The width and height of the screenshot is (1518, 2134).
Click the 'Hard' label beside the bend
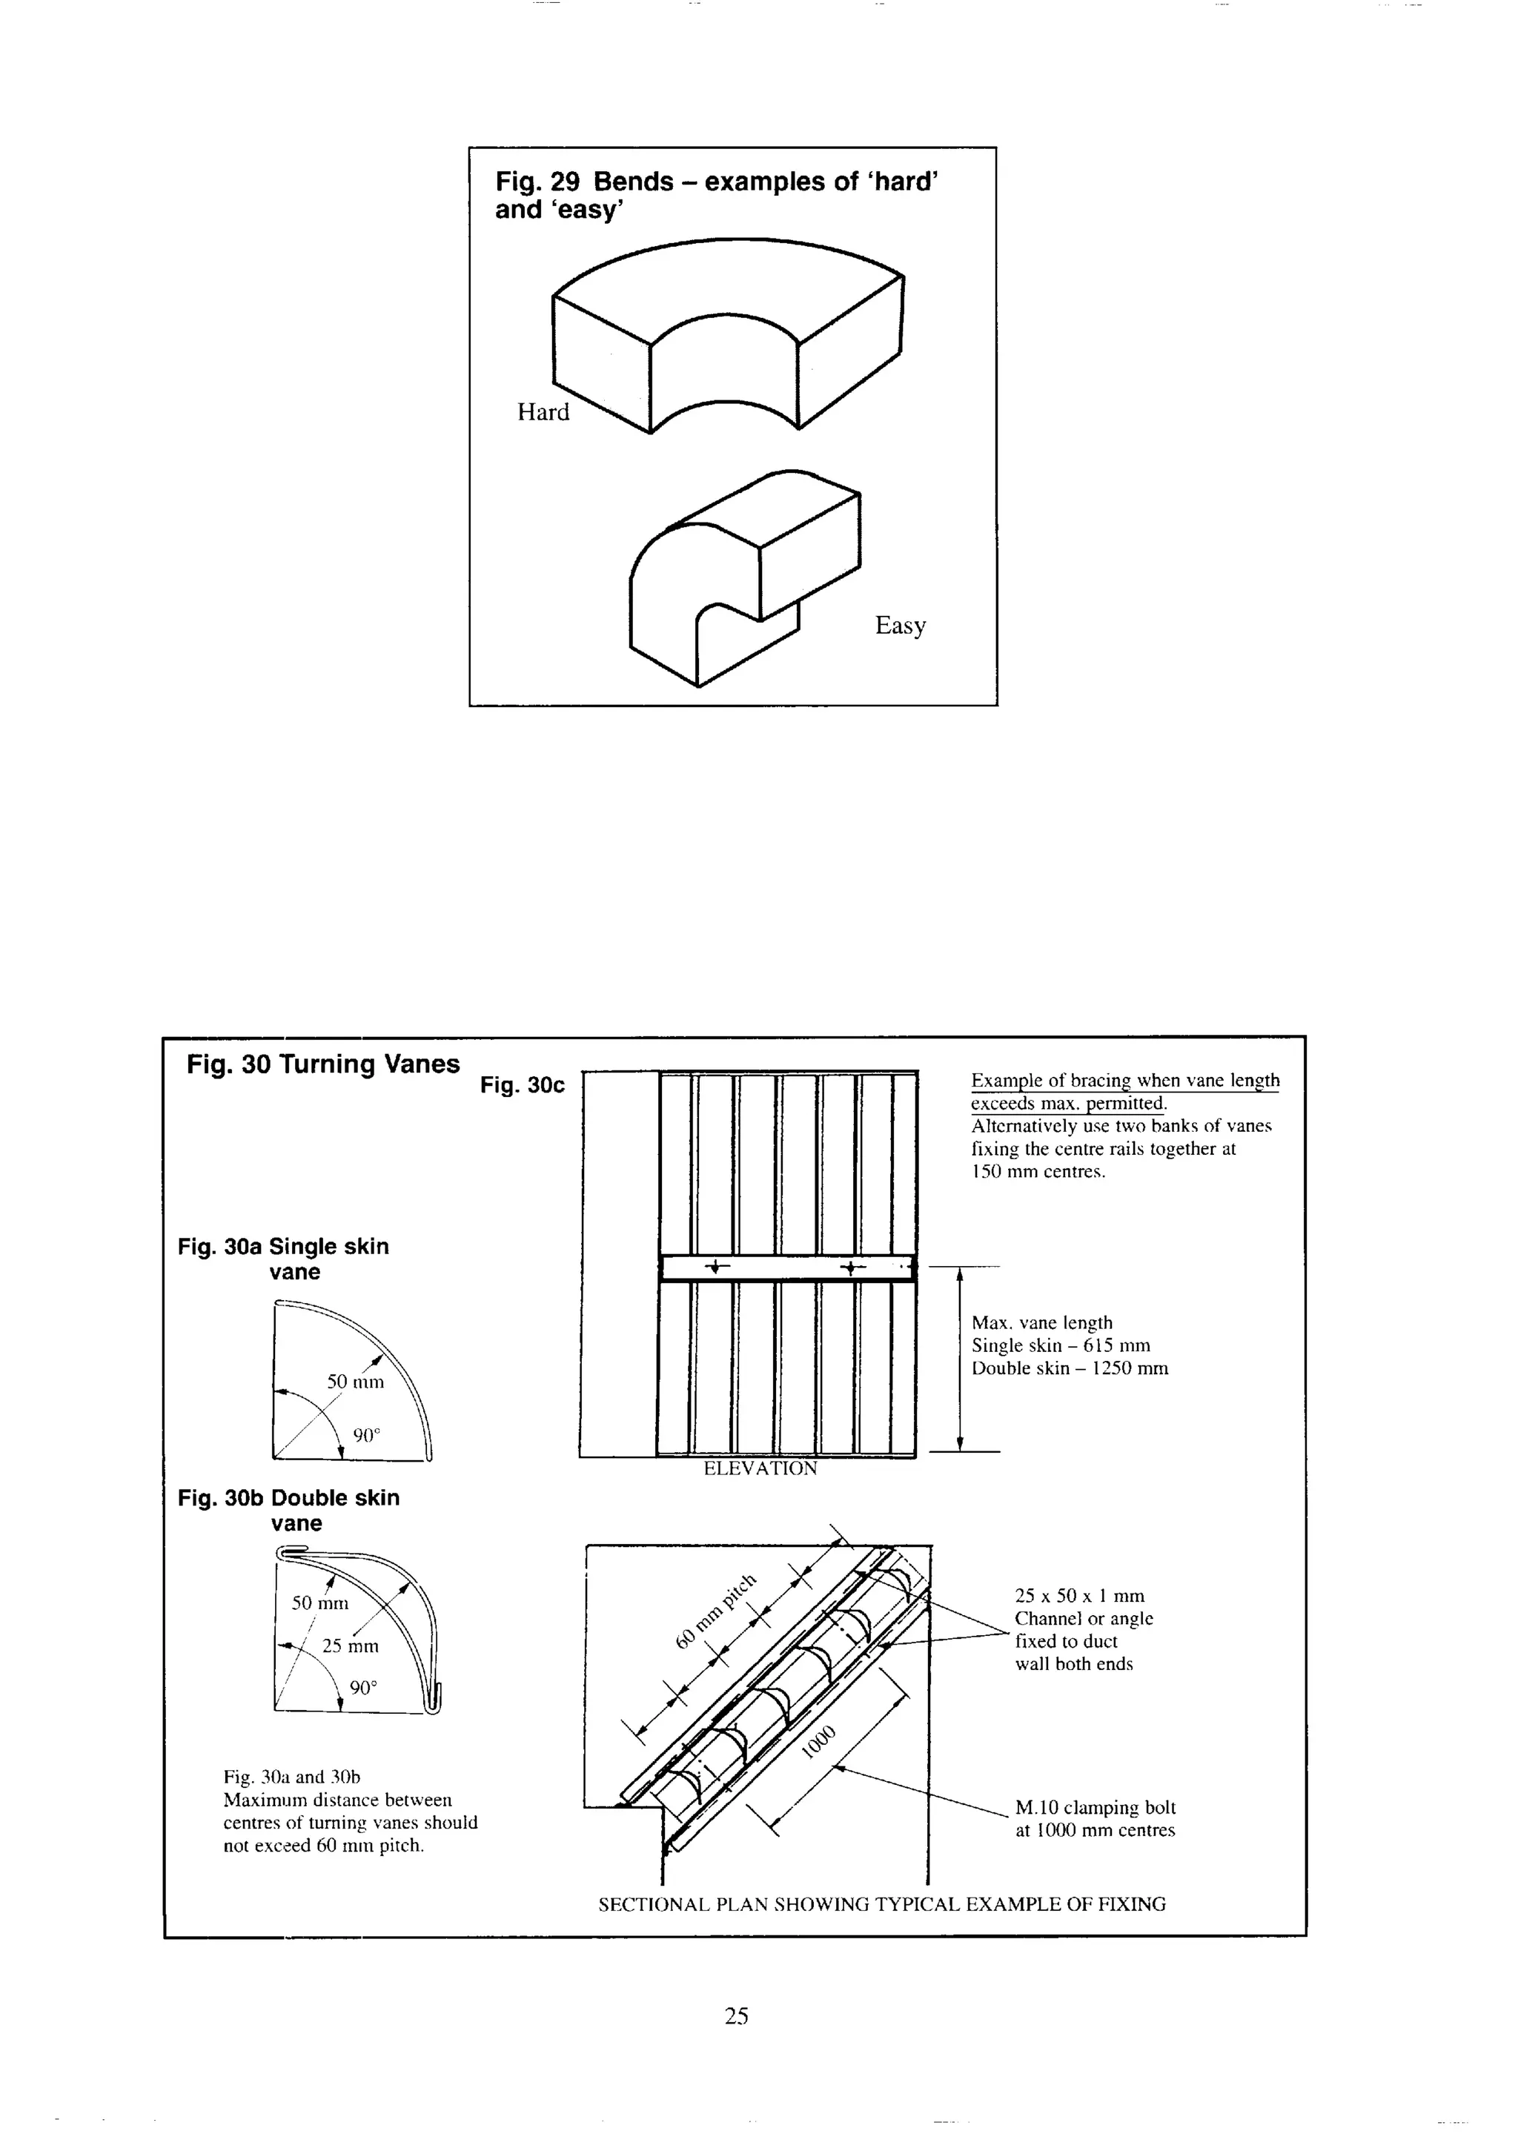pyautogui.click(x=543, y=412)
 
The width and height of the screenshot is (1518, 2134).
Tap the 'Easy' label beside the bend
pyautogui.click(x=899, y=626)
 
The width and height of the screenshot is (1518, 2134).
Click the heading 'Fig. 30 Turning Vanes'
pyautogui.click(x=322, y=1064)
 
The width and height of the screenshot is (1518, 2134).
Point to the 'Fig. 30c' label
pyautogui.click(x=522, y=1085)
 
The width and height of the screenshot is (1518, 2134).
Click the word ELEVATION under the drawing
pyautogui.click(x=760, y=1468)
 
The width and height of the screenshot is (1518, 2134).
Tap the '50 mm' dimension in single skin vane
pyautogui.click(x=355, y=1382)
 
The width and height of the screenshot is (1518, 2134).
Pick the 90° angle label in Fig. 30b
pyautogui.click(x=364, y=1688)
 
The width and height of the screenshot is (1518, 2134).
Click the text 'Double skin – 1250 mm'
pyautogui.click(x=1070, y=1368)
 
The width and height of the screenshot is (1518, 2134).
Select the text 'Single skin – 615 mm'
pyautogui.click(x=1060, y=1346)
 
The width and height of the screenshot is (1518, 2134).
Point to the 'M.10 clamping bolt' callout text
pyautogui.click(x=1095, y=1808)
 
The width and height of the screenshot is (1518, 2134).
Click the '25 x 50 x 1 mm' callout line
pyautogui.click(x=1078, y=1597)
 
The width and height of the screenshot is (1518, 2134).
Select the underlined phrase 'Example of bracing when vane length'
pyautogui.click(x=1124, y=1081)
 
